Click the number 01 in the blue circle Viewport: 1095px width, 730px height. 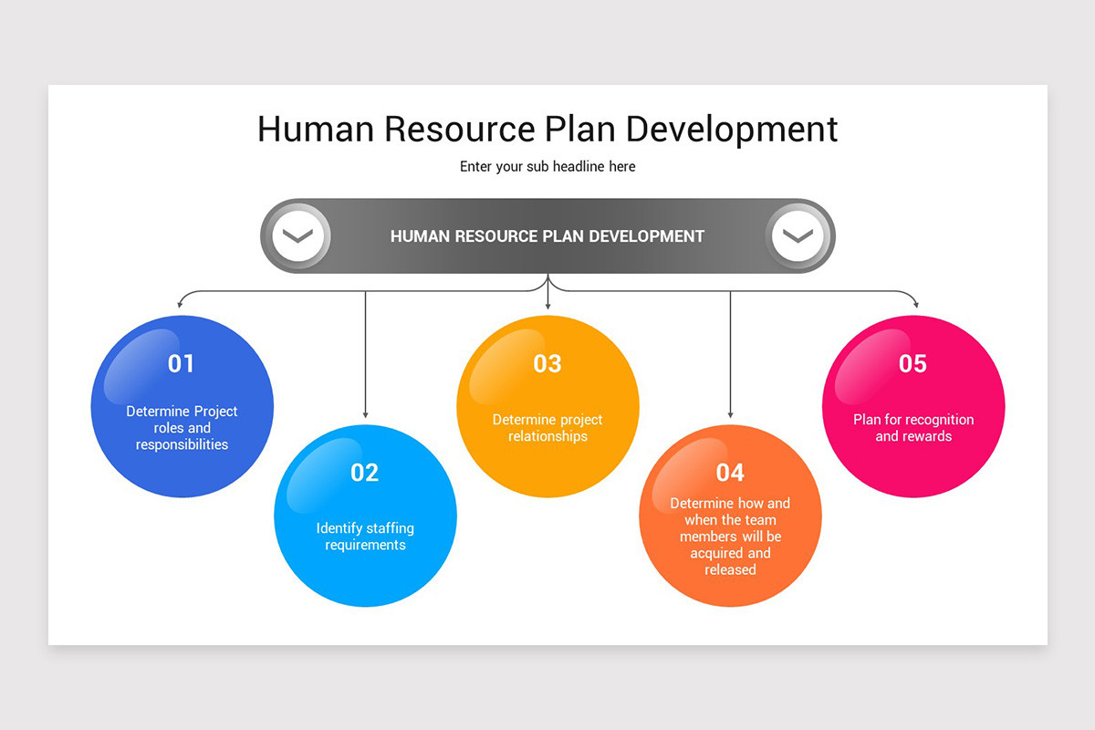tap(182, 364)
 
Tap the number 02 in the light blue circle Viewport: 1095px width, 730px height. tap(364, 473)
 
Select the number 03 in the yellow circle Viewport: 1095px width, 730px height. tap(547, 364)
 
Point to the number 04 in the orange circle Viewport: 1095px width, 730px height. tap(730, 473)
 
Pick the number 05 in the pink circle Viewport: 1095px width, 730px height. tap(912, 364)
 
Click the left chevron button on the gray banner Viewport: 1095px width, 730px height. tap(297, 236)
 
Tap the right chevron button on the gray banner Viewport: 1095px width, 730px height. tap(798, 236)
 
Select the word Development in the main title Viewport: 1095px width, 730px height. tap(732, 129)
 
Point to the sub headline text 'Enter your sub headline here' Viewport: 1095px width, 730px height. tap(547, 167)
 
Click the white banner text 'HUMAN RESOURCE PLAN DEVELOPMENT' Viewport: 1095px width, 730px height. tap(547, 236)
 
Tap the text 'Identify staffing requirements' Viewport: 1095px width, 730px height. tap(365, 537)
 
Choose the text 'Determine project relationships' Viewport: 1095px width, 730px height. tap(547, 428)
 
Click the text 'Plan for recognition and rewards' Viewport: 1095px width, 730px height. tap(913, 428)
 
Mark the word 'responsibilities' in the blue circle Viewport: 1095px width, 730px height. tap(182, 445)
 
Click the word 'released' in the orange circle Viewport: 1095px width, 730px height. tap(730, 570)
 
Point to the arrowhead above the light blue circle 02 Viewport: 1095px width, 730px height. tap(365, 414)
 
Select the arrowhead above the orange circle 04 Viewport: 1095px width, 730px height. tap(730, 414)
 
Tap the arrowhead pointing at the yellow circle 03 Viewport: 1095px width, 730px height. tap(547, 306)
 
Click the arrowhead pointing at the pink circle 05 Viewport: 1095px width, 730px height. tap(916, 305)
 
